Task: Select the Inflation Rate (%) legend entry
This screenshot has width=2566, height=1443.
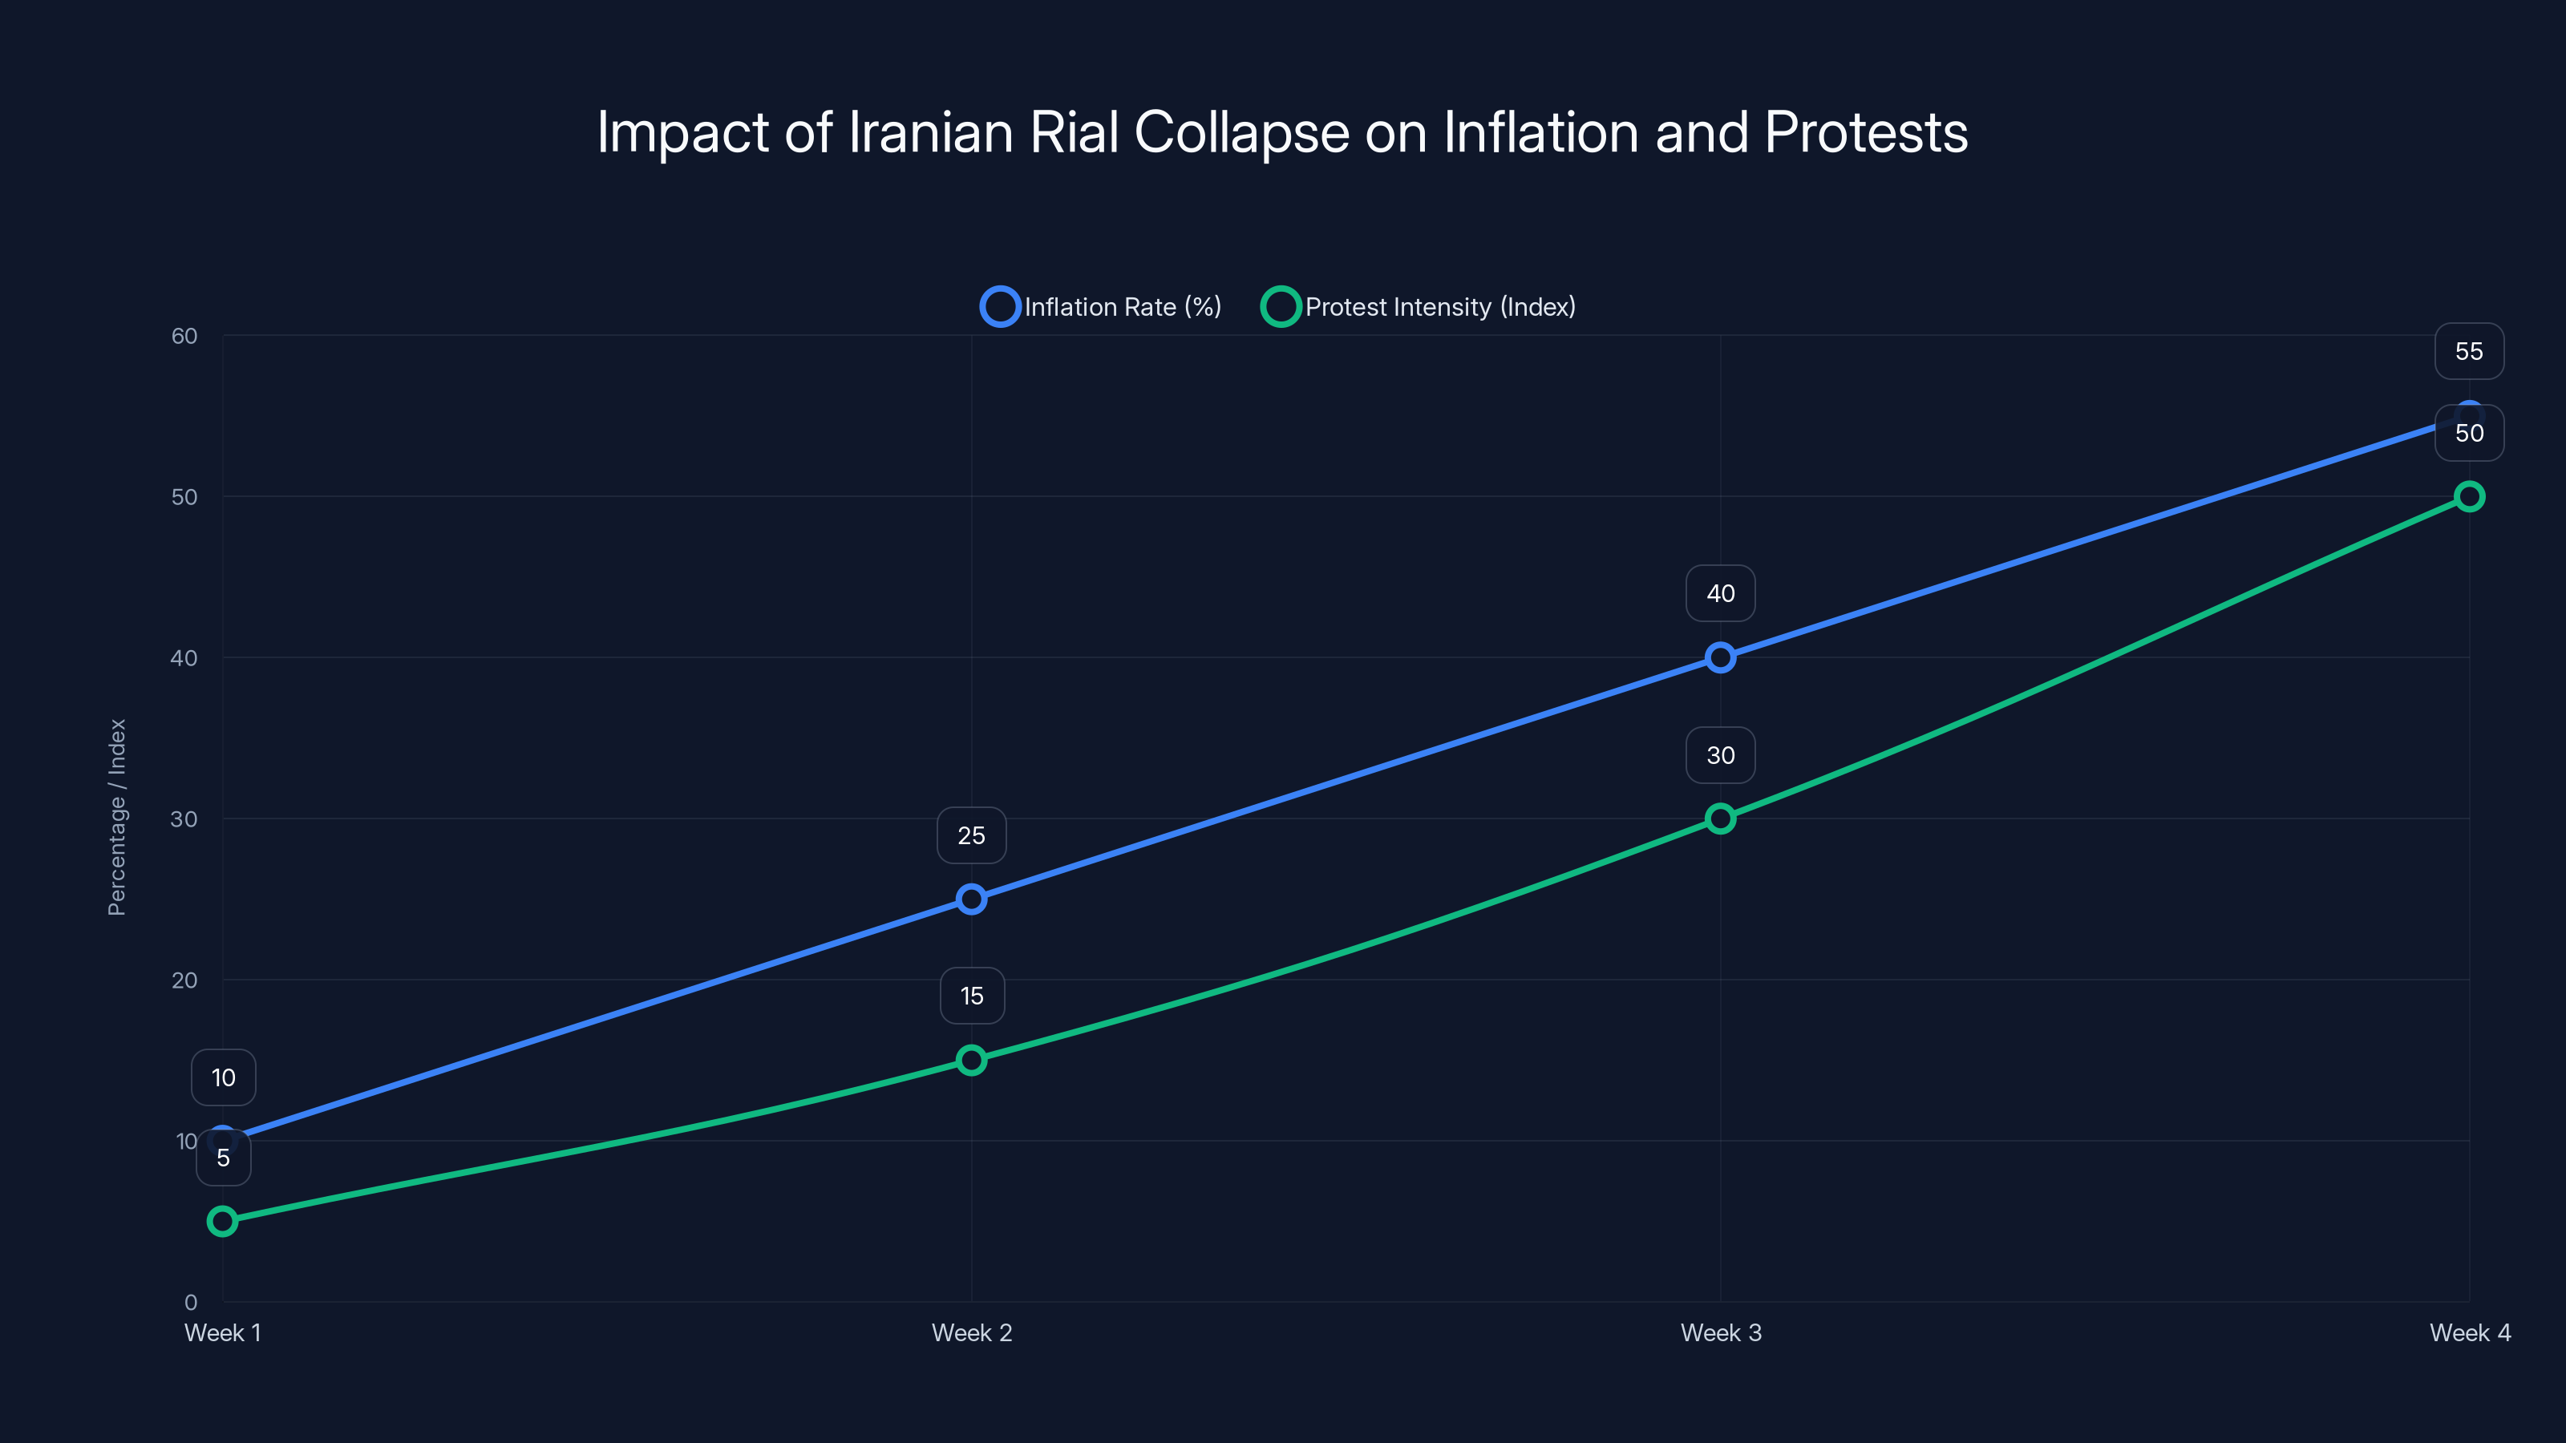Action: point(1101,307)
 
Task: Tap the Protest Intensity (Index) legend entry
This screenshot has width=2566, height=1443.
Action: point(1419,307)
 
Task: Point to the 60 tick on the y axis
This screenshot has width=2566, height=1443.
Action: point(184,336)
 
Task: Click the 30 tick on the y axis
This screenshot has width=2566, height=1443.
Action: point(184,819)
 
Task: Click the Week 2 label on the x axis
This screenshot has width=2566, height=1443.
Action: point(971,1332)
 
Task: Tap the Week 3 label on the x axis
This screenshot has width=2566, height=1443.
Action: point(1720,1332)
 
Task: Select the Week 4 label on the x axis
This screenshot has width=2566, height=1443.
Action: point(2470,1332)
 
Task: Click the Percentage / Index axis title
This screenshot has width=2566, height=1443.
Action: point(116,817)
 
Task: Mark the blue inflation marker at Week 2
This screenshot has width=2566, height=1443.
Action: point(971,899)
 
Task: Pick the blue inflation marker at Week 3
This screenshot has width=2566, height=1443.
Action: point(1720,657)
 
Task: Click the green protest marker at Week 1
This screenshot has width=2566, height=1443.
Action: point(223,1221)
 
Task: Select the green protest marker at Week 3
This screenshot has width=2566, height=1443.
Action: point(1720,819)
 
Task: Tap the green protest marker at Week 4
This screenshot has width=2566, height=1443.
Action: point(2470,496)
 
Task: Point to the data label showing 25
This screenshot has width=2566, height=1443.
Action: point(971,835)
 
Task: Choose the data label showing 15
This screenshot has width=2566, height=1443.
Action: point(971,996)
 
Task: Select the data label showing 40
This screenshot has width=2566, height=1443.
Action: point(1720,593)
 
